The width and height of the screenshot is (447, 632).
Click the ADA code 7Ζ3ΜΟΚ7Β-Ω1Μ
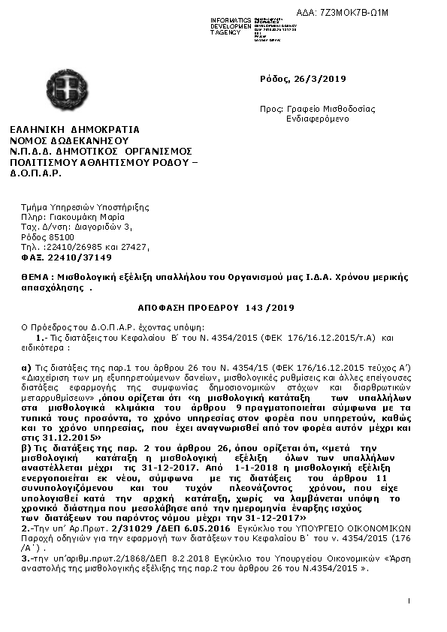(x=395, y=14)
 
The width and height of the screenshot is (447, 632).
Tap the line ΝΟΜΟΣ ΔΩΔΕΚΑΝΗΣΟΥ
(x=69, y=140)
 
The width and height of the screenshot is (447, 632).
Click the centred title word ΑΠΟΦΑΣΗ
(x=163, y=308)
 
